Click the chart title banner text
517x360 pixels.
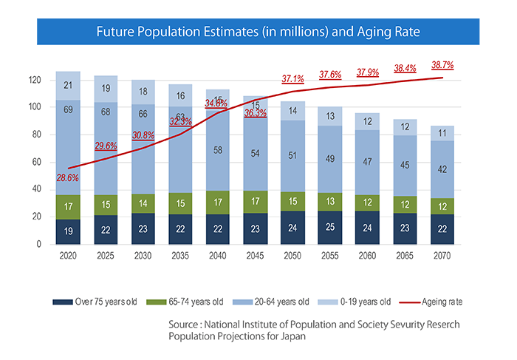pyautogui.click(x=258, y=33)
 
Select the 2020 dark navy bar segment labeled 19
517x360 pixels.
pyautogui.click(x=68, y=231)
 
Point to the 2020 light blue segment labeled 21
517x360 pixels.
pyautogui.click(x=68, y=86)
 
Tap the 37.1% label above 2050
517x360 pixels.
pyautogui.click(x=293, y=78)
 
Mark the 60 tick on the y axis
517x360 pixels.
pyautogui.click(x=46, y=162)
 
